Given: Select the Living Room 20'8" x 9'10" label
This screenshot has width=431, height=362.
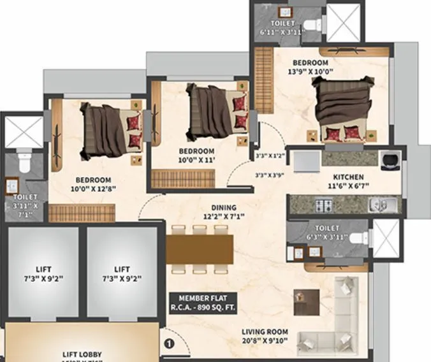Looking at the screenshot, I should point(265,337).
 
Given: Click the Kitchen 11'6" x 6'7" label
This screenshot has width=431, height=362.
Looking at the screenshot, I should point(348,182).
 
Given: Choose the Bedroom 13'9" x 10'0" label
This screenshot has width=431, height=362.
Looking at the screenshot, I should point(310,68).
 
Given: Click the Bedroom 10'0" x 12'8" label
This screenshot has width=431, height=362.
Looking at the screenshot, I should point(93,185).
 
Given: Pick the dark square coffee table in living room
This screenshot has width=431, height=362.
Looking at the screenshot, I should point(307,301).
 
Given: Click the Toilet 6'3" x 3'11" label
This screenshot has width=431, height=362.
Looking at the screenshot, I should point(326,233).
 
